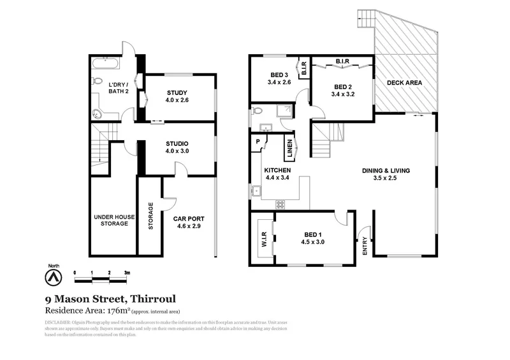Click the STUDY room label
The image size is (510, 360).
[x=177, y=92]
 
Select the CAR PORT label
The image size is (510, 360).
[x=189, y=219]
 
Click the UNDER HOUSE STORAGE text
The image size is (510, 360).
[x=114, y=220]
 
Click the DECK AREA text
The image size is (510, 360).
[x=405, y=82]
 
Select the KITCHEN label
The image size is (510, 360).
[x=277, y=171]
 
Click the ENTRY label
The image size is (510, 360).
[x=365, y=246]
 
